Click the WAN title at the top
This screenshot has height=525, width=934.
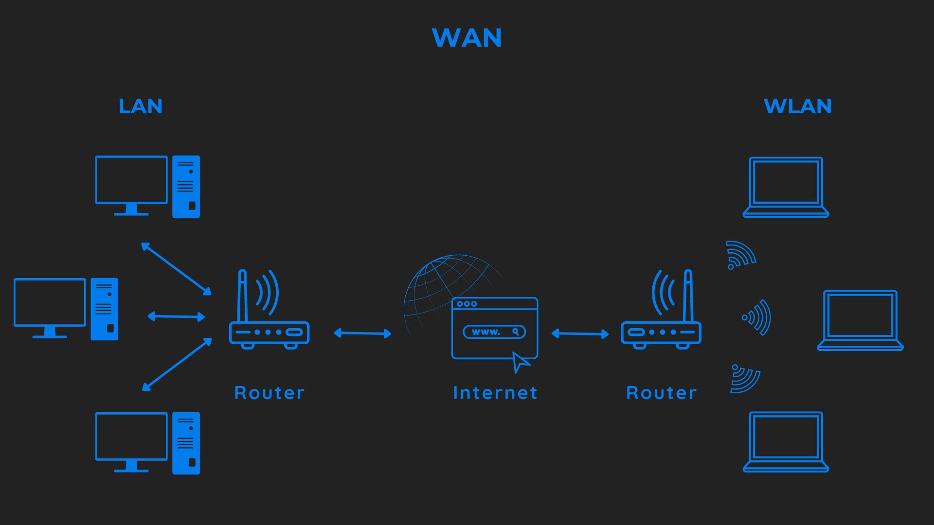467,37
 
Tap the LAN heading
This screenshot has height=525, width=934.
140,106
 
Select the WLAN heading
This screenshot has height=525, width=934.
797,106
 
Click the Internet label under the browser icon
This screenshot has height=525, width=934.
495,393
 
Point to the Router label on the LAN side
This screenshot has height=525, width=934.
269,393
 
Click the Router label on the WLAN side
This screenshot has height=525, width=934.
661,393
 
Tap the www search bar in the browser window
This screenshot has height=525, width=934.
494,332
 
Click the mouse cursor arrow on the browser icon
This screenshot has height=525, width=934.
520,362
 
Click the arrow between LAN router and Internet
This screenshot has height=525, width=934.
362,333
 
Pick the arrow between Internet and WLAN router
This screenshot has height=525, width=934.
580,333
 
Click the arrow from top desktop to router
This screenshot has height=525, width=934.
176,268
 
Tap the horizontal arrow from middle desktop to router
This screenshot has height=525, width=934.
176,316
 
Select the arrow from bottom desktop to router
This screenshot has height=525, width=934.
177,365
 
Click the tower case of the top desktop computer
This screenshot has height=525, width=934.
186,186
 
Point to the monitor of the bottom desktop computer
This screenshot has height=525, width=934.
131,437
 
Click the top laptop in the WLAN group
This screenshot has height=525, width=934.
786,187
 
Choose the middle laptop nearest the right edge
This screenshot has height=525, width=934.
860,320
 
